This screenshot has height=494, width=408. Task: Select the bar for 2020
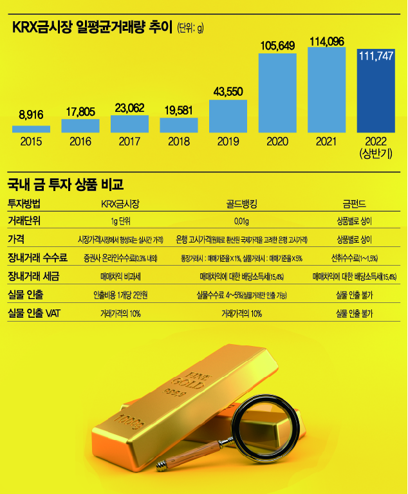(277, 93)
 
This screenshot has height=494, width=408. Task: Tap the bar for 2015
(31, 129)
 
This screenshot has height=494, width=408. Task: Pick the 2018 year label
(179, 141)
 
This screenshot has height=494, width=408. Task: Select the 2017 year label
(129, 141)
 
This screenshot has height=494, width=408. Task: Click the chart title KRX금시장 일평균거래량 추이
(92, 28)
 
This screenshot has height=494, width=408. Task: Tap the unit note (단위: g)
(190, 29)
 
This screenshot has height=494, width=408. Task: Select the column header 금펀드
(354, 205)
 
